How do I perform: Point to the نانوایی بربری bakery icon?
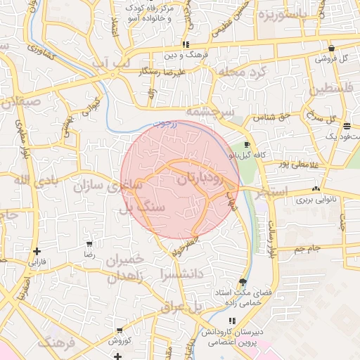(x=316, y=188)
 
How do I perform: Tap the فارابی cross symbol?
(x=37, y=251)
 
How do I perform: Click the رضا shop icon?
(x=89, y=243)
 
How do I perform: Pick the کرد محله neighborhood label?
(x=241, y=72)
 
